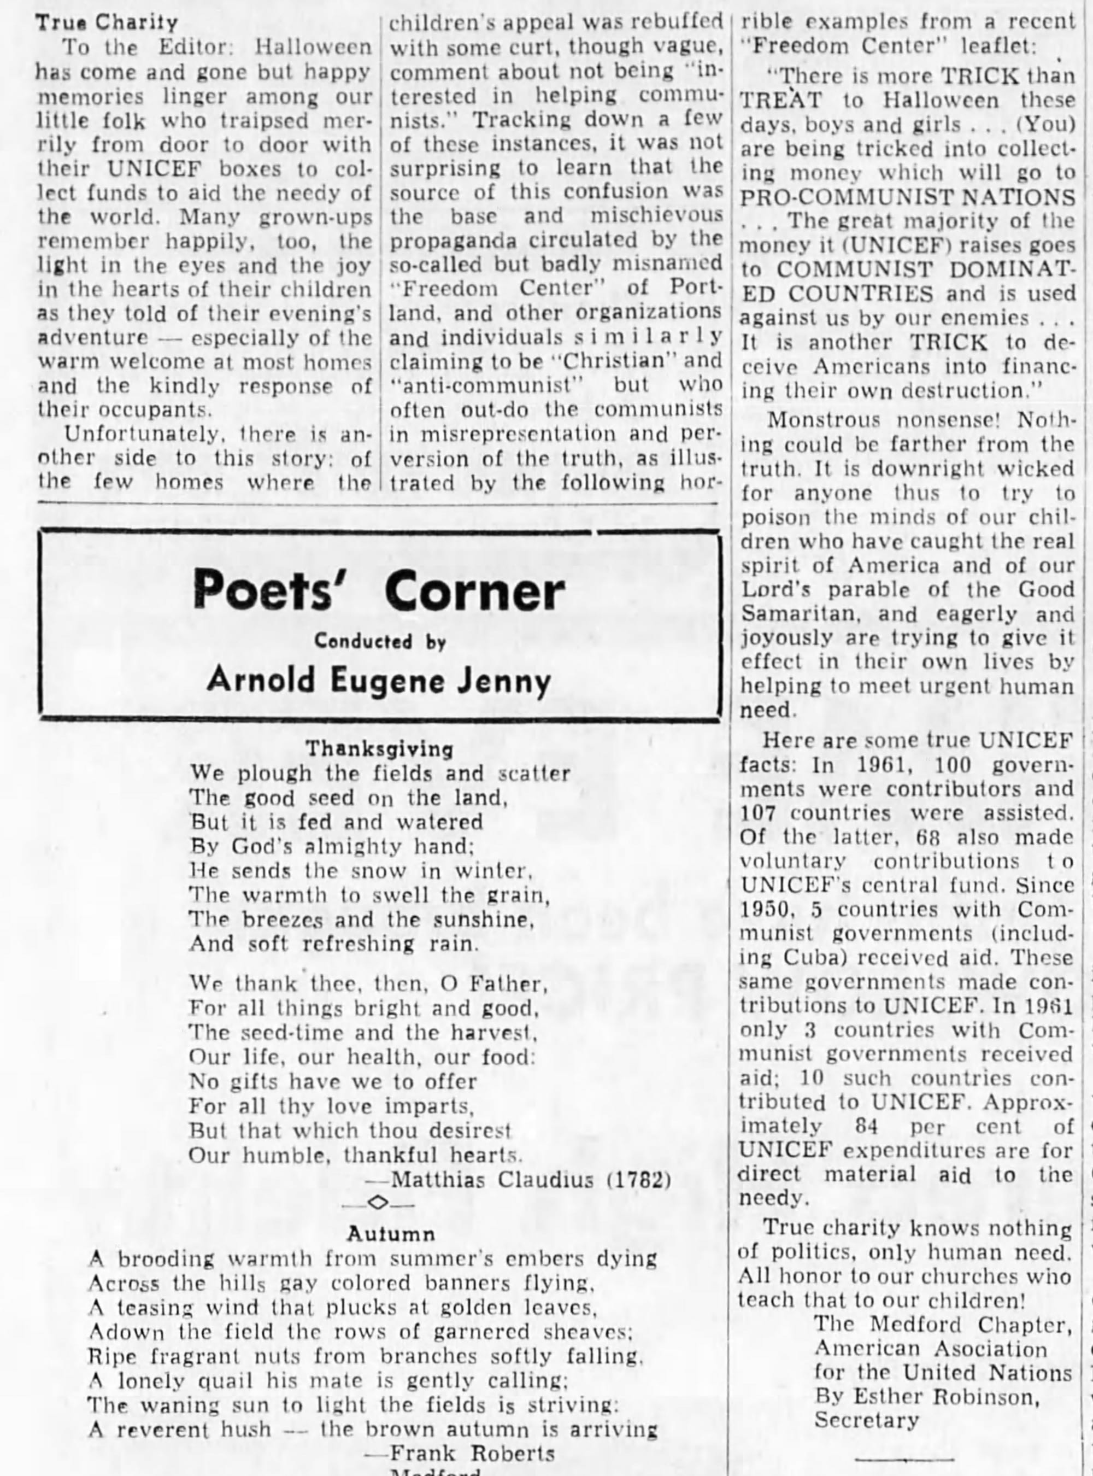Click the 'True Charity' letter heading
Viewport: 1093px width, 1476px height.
107,22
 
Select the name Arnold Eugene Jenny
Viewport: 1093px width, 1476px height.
378,680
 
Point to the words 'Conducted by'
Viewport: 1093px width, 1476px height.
380,641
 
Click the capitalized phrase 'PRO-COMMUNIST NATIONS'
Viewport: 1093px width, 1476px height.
907,197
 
